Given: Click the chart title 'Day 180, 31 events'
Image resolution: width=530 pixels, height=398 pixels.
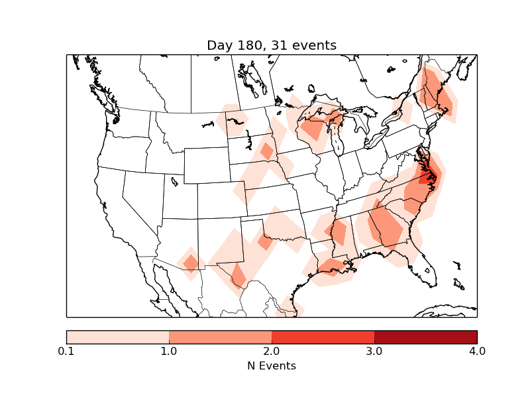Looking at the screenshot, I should tap(272, 45).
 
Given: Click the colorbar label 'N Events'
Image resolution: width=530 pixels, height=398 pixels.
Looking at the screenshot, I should tap(272, 365).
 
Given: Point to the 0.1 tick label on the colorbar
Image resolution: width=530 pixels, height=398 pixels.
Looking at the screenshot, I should tap(66, 351).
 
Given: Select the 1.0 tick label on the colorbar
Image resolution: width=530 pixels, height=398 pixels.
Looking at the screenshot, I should tap(169, 351).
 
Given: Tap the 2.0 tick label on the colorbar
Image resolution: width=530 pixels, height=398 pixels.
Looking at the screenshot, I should tap(272, 351).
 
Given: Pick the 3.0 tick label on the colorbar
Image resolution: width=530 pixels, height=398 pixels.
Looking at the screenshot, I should tap(374, 351).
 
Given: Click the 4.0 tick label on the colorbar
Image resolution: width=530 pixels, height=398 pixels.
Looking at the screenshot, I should tap(477, 351).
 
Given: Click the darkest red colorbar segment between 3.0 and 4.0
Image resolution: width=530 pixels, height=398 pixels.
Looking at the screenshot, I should tap(425, 336).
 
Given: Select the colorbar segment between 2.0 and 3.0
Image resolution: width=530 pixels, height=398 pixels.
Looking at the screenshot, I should tap(323, 336).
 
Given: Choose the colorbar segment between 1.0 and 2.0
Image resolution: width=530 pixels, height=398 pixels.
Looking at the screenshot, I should tap(220, 336).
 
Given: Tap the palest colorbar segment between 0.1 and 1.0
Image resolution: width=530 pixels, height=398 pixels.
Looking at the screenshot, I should tap(117, 336).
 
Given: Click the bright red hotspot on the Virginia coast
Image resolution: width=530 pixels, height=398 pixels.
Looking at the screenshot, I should tap(427, 176).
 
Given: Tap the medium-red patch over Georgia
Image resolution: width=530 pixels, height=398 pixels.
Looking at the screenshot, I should tap(387, 226).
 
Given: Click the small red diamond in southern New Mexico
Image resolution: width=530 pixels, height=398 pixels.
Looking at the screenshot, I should tap(191, 263).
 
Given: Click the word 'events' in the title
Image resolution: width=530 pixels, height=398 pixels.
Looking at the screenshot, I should tap(314, 45).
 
